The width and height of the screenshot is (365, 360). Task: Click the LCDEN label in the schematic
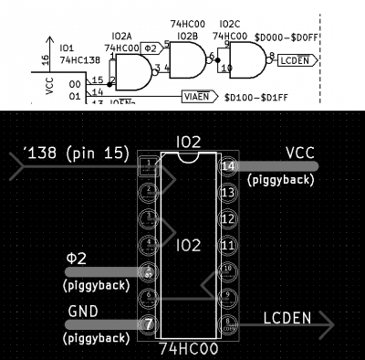click(x=299, y=61)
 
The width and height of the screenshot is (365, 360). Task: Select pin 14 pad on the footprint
click(x=228, y=166)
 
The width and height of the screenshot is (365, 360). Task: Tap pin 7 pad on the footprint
click(x=150, y=324)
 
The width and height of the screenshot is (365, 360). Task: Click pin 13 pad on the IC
click(x=228, y=193)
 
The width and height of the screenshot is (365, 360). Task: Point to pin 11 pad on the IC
click(x=228, y=246)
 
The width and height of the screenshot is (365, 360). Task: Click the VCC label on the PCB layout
click(x=301, y=153)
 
